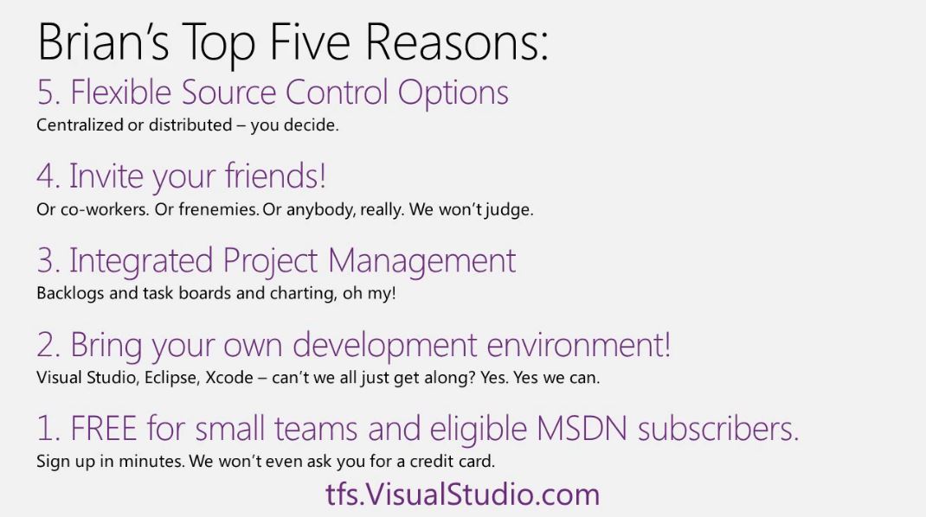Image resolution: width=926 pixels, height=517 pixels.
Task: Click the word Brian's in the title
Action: (x=103, y=41)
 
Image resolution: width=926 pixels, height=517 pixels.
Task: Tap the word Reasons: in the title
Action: (x=457, y=41)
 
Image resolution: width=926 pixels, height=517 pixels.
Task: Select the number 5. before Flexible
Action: (x=48, y=93)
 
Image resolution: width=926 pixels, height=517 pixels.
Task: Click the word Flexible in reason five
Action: (x=120, y=92)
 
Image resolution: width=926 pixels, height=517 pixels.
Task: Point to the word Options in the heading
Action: (x=453, y=93)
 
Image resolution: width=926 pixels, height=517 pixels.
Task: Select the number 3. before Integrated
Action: (x=48, y=261)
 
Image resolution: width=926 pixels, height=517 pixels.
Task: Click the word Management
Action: (x=421, y=261)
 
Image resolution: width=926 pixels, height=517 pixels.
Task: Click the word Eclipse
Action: (x=172, y=378)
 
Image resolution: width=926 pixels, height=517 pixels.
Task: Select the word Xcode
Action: (x=229, y=378)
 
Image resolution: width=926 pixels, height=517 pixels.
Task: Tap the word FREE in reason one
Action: (x=104, y=429)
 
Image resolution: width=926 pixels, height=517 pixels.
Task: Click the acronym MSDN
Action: (x=582, y=429)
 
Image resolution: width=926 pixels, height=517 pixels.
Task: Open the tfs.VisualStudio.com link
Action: (x=462, y=495)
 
